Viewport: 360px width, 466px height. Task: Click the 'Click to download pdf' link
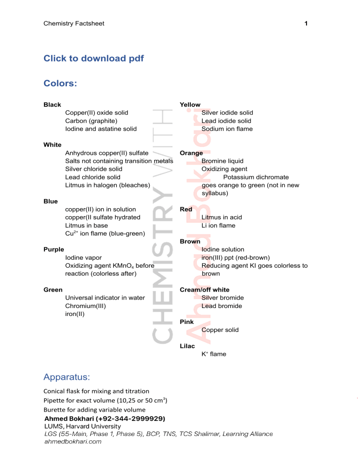click(x=94, y=59)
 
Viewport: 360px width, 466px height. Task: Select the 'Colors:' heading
click(x=60, y=83)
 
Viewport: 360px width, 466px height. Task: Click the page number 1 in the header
click(x=305, y=23)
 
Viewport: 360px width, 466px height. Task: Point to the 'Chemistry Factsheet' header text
click(x=74, y=23)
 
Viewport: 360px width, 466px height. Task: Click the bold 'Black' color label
click(x=52, y=105)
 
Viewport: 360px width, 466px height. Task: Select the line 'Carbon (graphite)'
click(x=91, y=120)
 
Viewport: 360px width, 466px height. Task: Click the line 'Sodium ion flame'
click(x=227, y=128)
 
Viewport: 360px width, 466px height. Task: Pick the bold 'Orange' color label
click(x=191, y=153)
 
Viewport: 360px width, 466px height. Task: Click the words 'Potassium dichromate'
click(x=256, y=177)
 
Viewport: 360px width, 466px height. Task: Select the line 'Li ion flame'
click(x=218, y=225)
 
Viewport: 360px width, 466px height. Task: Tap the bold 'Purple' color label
click(x=53, y=249)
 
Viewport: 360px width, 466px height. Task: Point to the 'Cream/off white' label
click(x=205, y=290)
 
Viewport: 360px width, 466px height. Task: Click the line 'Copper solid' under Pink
click(x=220, y=330)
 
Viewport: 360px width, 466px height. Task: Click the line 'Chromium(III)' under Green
click(x=86, y=306)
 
